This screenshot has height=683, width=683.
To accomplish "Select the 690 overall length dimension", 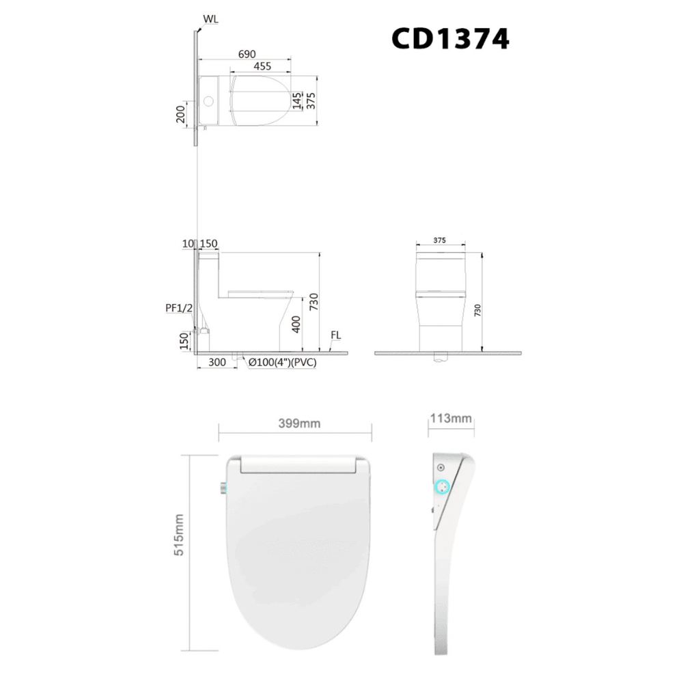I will [247, 53].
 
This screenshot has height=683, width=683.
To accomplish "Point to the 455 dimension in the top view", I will [262, 66].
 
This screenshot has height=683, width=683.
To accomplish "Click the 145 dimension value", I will [296, 101].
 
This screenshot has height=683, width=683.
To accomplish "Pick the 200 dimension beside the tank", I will [181, 113].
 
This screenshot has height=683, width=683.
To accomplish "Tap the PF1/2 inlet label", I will [179, 308].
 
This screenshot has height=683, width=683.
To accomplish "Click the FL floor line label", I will [335, 335].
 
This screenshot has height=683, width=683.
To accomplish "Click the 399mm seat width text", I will [299, 423].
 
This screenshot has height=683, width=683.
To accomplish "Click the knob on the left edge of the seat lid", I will [222, 488].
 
